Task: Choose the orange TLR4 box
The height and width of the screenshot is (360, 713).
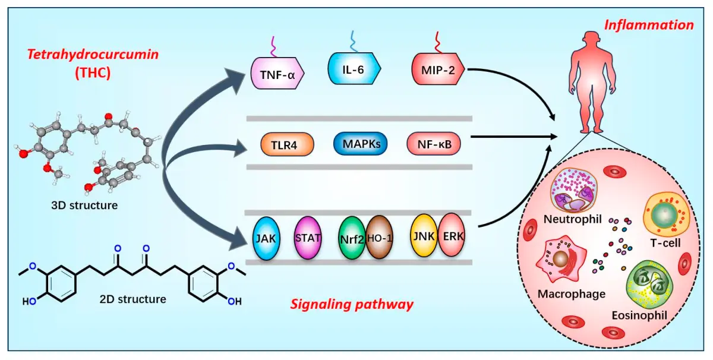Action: (x=288, y=144)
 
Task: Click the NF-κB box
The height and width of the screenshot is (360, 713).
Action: (x=434, y=144)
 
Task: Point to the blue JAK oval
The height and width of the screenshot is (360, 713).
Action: (x=266, y=239)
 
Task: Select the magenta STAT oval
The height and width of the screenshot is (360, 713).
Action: (x=308, y=238)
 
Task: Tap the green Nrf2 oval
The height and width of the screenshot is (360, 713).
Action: (x=353, y=240)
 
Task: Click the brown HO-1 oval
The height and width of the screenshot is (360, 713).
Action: (x=379, y=238)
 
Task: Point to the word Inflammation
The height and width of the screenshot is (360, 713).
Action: (x=649, y=25)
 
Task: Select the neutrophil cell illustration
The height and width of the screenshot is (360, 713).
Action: (x=572, y=190)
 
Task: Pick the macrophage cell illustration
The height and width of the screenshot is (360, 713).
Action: (x=562, y=262)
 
